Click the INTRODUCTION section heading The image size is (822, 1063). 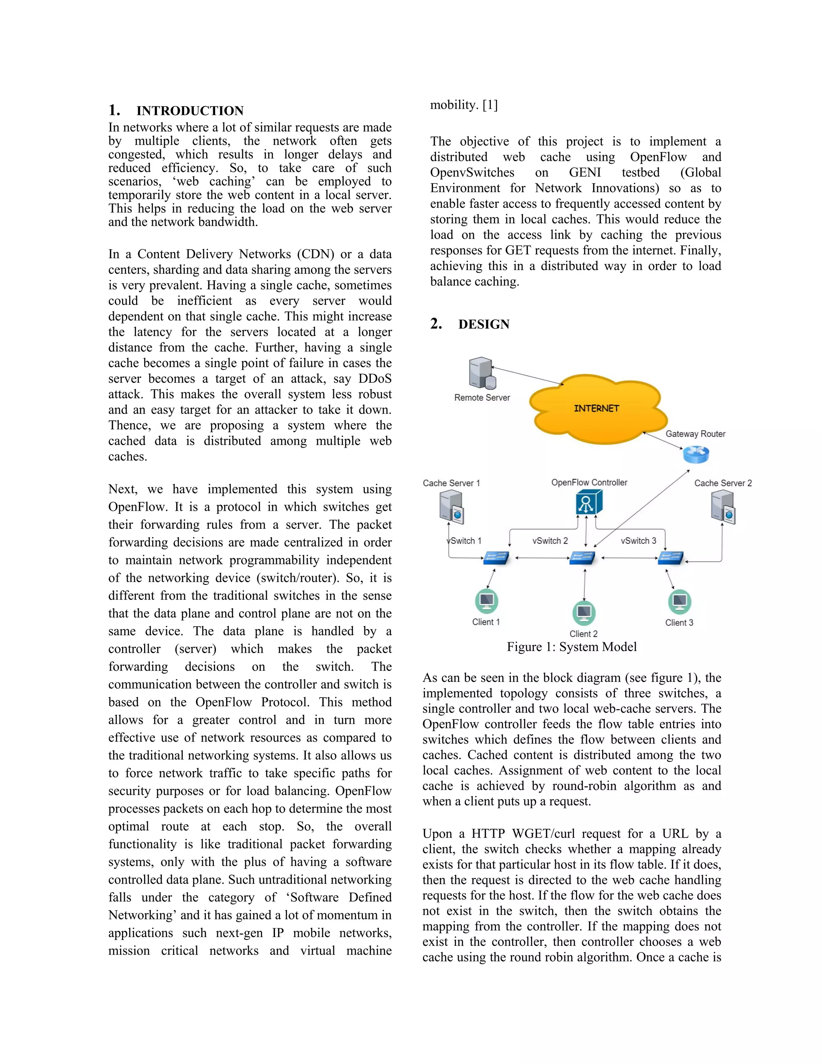click(x=189, y=111)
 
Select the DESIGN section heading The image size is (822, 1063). click(x=484, y=324)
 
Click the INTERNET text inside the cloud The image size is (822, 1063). click(x=596, y=408)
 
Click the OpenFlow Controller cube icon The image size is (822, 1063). click(x=588, y=502)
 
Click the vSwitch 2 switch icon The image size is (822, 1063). click(x=582, y=558)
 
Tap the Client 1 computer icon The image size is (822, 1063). click(x=486, y=601)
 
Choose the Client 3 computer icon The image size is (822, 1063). click(x=680, y=602)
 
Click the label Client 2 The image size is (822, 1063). click(x=583, y=634)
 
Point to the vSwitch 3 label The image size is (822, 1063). click(x=639, y=541)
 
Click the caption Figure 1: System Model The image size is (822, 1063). click(x=572, y=647)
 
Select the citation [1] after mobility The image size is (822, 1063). click(x=490, y=105)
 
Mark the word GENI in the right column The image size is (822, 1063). click(x=585, y=173)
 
